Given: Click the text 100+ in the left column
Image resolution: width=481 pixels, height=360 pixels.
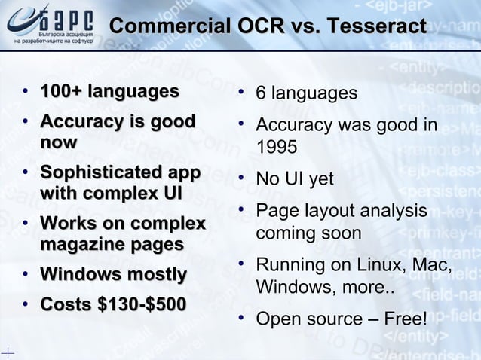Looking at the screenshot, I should [61, 92].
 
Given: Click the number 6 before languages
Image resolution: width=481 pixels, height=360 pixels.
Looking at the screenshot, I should [261, 93].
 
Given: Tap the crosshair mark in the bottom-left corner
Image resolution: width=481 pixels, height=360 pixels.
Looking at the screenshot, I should [8, 352].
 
